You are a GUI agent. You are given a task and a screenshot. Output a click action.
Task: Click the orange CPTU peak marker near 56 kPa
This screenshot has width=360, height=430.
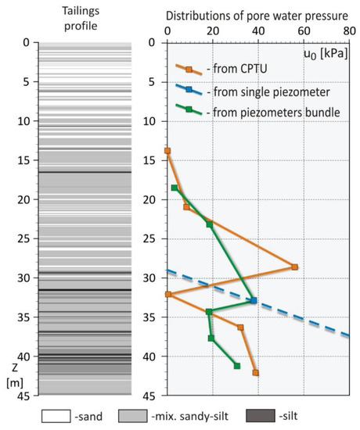pos(294,267)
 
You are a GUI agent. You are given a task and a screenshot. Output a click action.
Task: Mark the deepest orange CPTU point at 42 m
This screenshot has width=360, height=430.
pos(256,372)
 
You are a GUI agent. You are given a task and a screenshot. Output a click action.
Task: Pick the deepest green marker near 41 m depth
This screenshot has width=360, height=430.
pos(237,365)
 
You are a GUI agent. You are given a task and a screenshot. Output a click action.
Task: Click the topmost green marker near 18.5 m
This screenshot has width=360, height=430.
pos(175,188)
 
